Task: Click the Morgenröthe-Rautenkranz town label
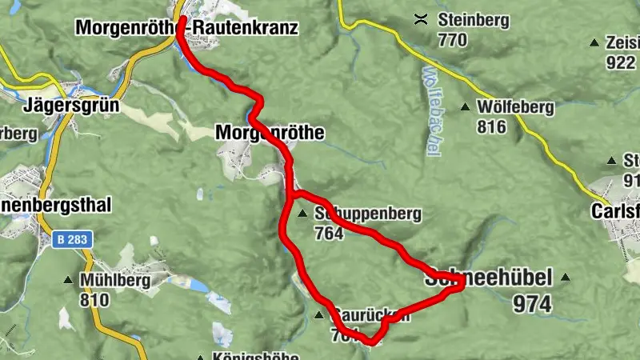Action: (x=186, y=28)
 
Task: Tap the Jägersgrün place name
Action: (x=71, y=105)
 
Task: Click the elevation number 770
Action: (x=452, y=39)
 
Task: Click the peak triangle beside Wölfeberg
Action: (x=466, y=106)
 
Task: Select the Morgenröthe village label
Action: (x=270, y=134)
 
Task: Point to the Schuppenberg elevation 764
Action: (x=329, y=234)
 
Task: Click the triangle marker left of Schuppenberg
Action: (x=302, y=214)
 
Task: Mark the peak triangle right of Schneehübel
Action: (x=566, y=278)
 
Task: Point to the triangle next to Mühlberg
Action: (x=67, y=280)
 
